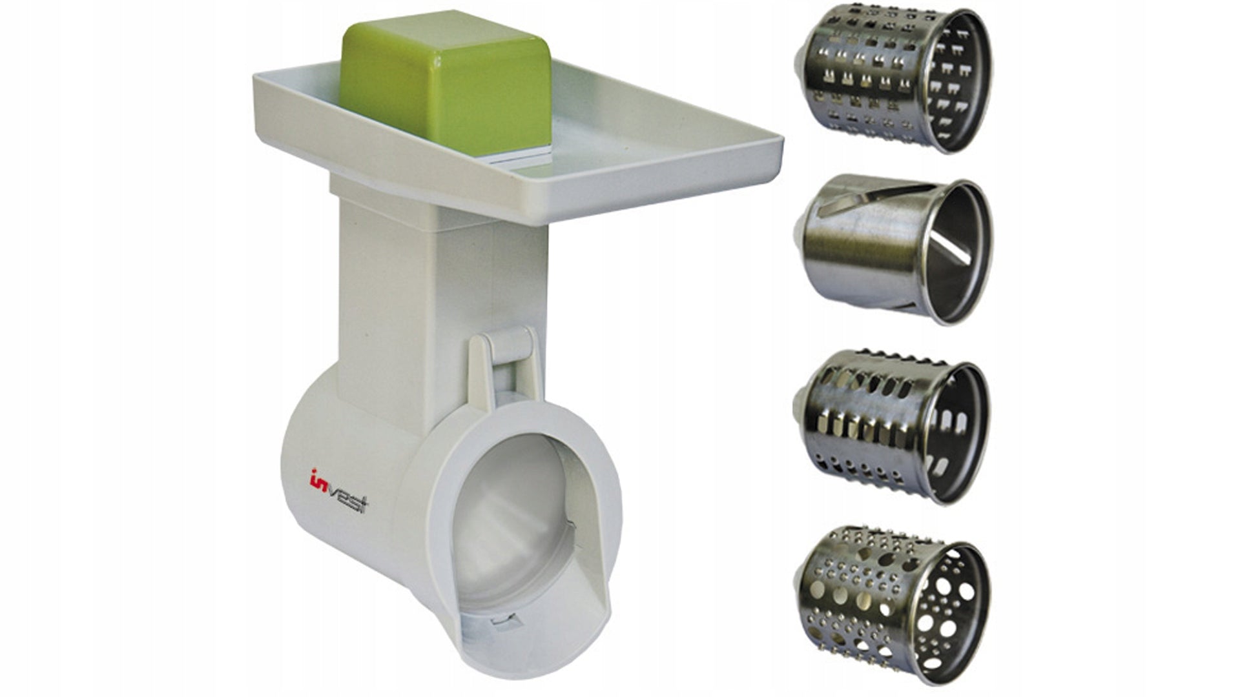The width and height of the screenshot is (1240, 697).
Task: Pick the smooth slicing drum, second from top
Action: pos(891,248)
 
